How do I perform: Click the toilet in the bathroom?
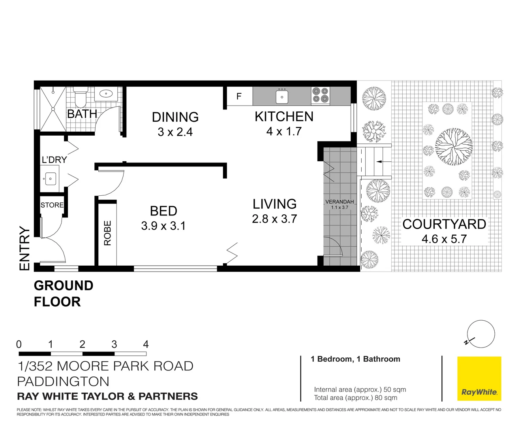pos(81,97)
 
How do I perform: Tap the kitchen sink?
pos(282,96)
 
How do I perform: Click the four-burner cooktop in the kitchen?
pos(320,95)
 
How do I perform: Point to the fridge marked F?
pos(239,96)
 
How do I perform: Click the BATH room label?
pos(82,114)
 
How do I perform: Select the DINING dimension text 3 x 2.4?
pos(175,132)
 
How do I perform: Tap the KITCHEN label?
pos(284,117)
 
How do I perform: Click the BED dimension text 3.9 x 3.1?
pos(163,226)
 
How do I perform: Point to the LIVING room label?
pos(274,204)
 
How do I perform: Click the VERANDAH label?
pos(340,202)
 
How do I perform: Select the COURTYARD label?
pos(444,224)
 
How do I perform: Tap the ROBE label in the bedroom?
pos(107,233)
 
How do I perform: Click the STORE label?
pos(52,205)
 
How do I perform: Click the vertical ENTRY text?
pos(24,249)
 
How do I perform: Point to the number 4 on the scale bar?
pos(146,344)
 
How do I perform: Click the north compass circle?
pos(481,334)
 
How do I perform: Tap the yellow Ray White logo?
pos(479,378)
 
